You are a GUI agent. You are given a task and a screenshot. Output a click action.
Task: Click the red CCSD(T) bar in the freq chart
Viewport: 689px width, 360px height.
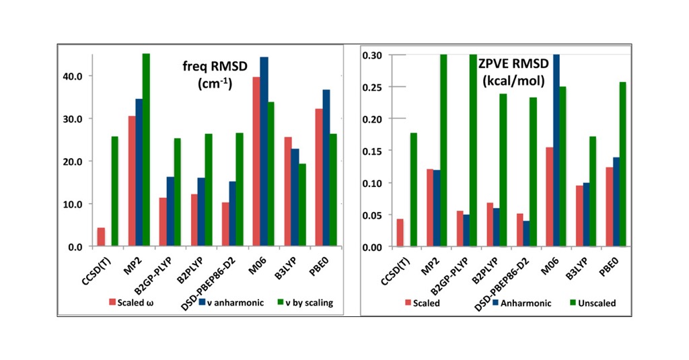pyautogui.click(x=101, y=237)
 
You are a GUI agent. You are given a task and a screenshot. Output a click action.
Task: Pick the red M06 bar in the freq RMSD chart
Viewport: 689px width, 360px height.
pyautogui.click(x=256, y=161)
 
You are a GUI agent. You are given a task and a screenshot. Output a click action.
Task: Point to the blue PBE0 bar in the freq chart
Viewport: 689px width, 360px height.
pyautogui.click(x=326, y=168)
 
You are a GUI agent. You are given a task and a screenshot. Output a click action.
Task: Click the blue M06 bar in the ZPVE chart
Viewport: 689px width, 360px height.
pyautogui.click(x=556, y=151)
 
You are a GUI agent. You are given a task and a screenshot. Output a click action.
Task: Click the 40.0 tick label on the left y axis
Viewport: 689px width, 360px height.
pyautogui.click(x=71, y=76)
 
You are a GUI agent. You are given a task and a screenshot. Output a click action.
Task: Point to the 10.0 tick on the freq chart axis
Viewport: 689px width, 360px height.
pyautogui.click(x=71, y=204)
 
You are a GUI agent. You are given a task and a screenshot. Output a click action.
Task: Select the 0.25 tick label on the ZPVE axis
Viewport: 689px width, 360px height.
pyautogui.click(x=373, y=87)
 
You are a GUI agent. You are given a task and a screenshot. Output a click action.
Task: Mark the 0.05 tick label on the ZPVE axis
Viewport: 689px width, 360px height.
pyautogui.click(x=373, y=215)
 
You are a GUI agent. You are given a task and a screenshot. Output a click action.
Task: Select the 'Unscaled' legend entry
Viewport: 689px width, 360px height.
pyautogui.click(x=592, y=303)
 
